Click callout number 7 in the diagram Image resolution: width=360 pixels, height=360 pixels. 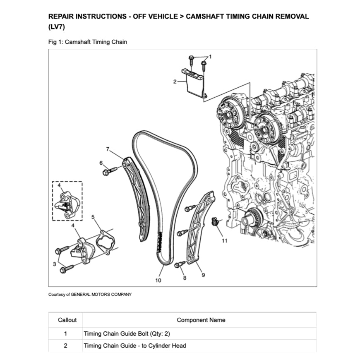coord(108,149)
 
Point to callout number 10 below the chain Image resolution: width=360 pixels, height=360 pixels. coord(158,281)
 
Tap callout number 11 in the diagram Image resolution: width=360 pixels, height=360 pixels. coord(224,241)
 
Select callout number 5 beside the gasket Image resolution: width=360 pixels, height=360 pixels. coord(93,216)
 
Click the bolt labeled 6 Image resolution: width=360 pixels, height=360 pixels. coord(106,170)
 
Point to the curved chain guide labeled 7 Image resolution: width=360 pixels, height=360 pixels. coord(137,199)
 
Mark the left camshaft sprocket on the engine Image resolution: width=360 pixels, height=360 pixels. coord(231,114)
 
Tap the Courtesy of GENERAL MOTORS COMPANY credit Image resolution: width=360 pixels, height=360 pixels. coord(90,295)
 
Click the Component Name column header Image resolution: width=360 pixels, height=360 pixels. coord(201,320)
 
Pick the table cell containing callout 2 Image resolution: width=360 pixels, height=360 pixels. coord(65,346)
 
